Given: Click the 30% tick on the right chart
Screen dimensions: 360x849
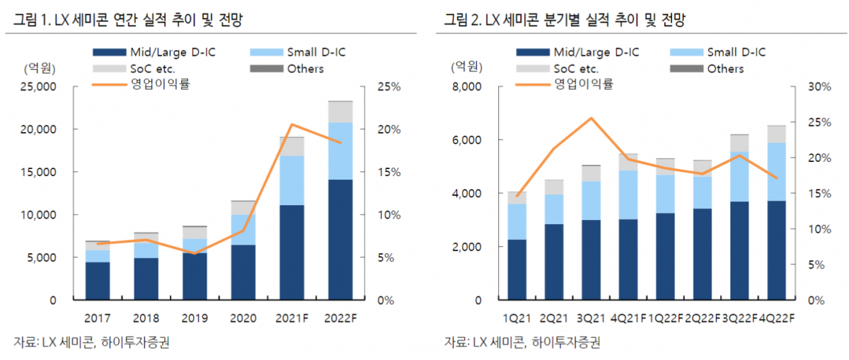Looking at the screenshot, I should tap(819, 87).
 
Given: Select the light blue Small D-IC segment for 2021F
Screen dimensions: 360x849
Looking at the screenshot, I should tap(291, 180).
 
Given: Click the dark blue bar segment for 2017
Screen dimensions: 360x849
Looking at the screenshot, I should tap(97, 281).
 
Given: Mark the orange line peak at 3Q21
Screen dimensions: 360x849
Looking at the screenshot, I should tap(591, 118).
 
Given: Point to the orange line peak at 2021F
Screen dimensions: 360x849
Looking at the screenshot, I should tap(291, 124).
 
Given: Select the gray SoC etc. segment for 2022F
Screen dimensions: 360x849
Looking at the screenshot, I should tap(340, 112).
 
